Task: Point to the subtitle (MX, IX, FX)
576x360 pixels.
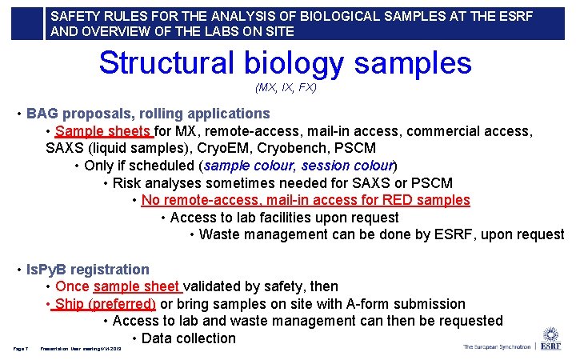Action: pos(286,87)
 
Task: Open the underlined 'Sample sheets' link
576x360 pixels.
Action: pos(104,131)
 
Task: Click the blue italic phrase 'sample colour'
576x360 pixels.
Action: pos(250,166)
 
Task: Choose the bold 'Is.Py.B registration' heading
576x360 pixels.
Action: pos(88,270)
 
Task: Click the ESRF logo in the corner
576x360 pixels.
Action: pos(550,339)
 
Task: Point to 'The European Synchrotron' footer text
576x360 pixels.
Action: pos(496,347)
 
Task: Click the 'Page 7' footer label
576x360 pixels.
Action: pos(21,348)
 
